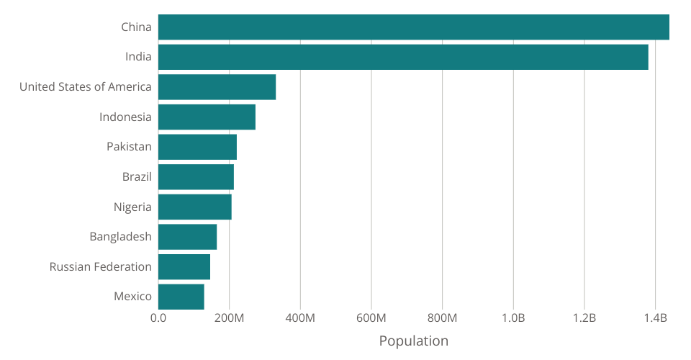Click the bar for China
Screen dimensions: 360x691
point(413,27)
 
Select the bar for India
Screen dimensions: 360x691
point(403,57)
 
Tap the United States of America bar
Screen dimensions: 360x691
point(217,87)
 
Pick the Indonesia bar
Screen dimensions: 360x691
point(207,117)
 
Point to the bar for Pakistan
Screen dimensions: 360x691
point(197,147)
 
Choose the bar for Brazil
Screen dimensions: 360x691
point(196,176)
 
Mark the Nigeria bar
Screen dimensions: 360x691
point(194,207)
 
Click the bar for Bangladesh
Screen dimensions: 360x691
point(187,236)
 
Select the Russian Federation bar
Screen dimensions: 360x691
point(184,266)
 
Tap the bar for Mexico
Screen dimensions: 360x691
point(181,296)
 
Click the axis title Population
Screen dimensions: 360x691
point(413,341)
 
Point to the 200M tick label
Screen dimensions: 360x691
point(229,318)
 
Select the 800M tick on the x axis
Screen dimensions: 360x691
point(442,318)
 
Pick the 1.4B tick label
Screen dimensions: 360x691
point(655,318)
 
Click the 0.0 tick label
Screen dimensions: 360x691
point(158,318)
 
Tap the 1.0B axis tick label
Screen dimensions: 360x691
point(513,318)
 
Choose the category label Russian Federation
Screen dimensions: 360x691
point(101,266)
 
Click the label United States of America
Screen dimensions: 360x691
point(86,87)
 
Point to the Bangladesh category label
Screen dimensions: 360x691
point(120,236)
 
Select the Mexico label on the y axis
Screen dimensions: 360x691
point(132,296)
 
